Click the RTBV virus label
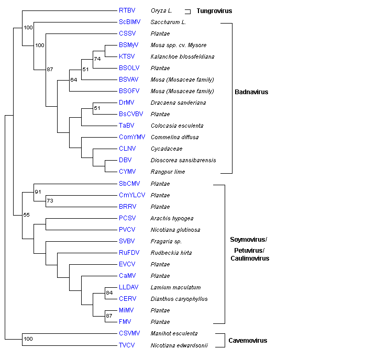click(x=126, y=10)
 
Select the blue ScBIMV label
click(x=129, y=22)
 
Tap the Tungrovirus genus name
click(x=214, y=10)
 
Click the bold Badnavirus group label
click(x=252, y=92)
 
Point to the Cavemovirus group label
click(x=248, y=341)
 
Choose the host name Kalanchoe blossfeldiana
click(x=179, y=57)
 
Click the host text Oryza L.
click(x=163, y=10)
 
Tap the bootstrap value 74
click(x=97, y=59)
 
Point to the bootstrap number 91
click(x=38, y=192)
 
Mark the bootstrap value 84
click(x=109, y=292)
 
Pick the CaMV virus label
click(x=127, y=275)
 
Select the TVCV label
click(x=127, y=345)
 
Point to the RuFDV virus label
click(x=128, y=252)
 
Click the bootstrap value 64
click(x=74, y=80)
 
